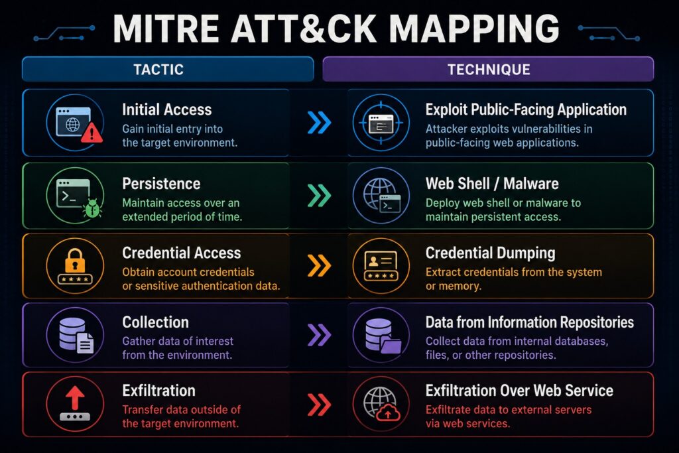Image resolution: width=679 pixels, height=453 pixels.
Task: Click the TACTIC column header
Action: point(168,69)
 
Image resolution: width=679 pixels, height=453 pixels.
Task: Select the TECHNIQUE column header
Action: point(488,69)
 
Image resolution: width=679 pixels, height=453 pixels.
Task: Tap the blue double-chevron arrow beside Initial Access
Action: point(319,123)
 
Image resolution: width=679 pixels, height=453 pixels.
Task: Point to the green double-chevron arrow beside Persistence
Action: point(319,195)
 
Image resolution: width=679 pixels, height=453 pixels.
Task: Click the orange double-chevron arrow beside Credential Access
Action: point(319,265)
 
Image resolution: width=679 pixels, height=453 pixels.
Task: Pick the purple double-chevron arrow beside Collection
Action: point(319,335)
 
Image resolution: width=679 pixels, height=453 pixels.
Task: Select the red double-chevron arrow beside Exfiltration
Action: point(319,405)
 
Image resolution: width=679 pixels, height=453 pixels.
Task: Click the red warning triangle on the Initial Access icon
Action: point(92,133)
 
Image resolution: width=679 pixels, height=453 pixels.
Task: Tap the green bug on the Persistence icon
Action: point(93,208)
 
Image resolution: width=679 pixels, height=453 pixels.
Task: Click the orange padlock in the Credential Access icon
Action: point(75,260)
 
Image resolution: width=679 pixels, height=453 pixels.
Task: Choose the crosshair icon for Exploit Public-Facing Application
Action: point(381,123)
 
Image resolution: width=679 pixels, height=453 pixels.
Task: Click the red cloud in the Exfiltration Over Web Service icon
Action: point(388,414)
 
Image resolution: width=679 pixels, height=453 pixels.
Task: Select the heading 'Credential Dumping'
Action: point(490,253)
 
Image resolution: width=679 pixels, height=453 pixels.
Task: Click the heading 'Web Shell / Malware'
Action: point(492,184)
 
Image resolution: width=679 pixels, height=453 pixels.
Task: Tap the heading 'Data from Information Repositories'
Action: point(530,322)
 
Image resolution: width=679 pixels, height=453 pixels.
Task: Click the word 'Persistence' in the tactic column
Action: point(161,184)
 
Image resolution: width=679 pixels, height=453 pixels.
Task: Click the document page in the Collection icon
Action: point(86,344)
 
